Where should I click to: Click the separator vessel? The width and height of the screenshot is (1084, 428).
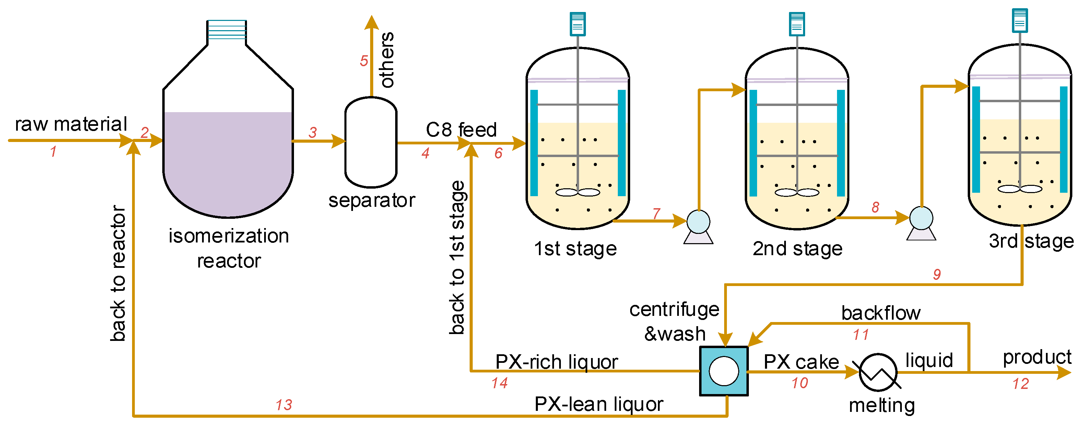(x=371, y=142)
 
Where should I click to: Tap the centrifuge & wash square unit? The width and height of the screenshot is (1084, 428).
(x=723, y=371)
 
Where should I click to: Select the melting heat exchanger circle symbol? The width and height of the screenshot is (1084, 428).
(x=878, y=372)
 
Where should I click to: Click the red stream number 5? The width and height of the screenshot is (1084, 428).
(x=364, y=61)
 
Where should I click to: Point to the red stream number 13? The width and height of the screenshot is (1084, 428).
(x=284, y=405)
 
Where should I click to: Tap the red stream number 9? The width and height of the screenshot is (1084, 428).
(x=937, y=274)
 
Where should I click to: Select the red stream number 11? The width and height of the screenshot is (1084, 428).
(x=861, y=335)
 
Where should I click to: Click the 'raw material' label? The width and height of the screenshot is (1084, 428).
(x=71, y=124)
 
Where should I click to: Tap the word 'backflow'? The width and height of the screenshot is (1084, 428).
(x=881, y=313)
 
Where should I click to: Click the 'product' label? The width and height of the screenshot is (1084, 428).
(x=1037, y=357)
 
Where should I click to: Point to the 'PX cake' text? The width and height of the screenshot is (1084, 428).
(x=801, y=362)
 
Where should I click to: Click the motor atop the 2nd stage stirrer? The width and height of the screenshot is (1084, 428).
(x=797, y=24)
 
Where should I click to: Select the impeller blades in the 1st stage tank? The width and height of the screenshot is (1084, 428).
(x=577, y=192)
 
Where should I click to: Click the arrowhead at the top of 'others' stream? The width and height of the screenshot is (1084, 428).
(x=371, y=22)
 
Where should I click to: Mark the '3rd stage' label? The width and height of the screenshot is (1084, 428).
(x=1031, y=241)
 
